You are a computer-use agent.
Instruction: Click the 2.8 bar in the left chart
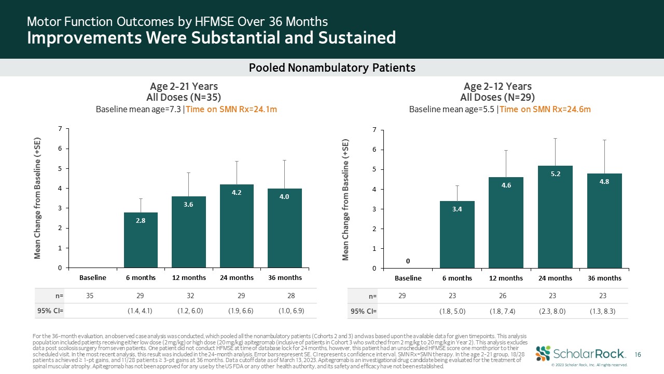141,240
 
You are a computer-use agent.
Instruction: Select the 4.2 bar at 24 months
237,226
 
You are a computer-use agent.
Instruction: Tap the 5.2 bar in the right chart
555,217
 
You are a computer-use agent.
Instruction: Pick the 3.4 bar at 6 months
457,234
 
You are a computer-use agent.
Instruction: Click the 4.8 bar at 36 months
604,221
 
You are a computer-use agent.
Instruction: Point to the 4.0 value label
284,197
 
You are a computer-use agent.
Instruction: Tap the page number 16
639,354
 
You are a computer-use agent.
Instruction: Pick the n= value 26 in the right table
506,296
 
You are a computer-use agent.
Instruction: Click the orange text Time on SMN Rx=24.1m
231,110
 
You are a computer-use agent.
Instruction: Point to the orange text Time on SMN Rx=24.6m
545,110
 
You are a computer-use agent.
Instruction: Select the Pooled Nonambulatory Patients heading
332,68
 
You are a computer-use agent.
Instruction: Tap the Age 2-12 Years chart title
497,86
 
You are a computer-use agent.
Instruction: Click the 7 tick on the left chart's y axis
60,129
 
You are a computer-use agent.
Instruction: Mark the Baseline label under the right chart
408,278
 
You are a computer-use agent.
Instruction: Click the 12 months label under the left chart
189,277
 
